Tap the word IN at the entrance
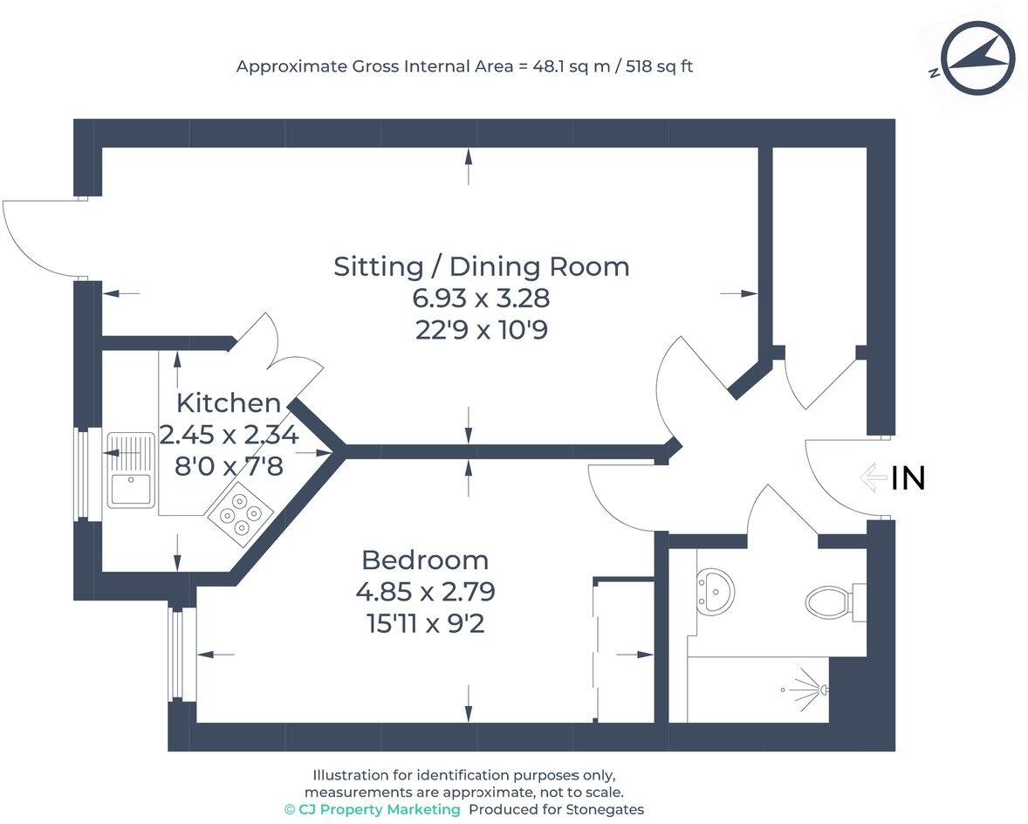coord(908,478)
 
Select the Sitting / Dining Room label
coord(481,266)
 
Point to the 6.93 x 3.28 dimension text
coord(481,299)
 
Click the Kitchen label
coord(229,403)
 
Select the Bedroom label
coord(425,560)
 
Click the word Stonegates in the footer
coord(605,809)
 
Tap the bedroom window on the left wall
coord(180,655)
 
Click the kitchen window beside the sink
coord(84,474)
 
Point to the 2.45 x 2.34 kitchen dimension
coord(229,435)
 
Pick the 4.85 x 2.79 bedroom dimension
coord(425,593)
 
